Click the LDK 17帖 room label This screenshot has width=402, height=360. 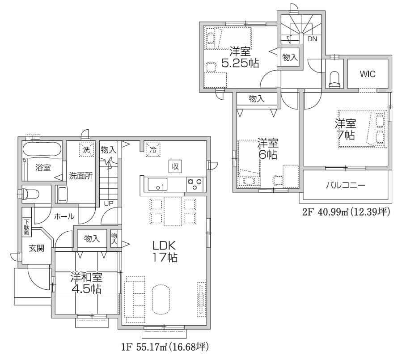coord(165,251)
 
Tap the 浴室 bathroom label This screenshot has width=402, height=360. coord(43,168)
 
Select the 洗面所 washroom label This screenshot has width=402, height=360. coord(81,176)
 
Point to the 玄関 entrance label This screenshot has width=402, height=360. coord(36,248)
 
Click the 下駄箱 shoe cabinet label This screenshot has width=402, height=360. coord(27,227)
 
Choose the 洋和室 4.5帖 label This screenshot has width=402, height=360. coord(86,283)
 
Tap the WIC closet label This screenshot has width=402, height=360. coord(368,74)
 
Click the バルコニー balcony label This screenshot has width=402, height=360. coord(345,185)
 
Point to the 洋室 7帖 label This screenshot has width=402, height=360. coord(346,129)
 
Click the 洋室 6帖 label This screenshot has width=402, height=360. coord(268,149)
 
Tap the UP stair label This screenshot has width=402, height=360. coord(109,203)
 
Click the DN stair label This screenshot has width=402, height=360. coord(312,39)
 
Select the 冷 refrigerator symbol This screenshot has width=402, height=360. coord(153,149)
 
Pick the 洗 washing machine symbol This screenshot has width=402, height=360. coord(86,149)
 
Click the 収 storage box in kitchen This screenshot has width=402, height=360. coord(175,166)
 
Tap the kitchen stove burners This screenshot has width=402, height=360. coord(195,184)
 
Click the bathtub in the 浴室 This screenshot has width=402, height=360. coord(42,149)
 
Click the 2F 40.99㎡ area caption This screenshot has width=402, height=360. coord(346,212)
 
